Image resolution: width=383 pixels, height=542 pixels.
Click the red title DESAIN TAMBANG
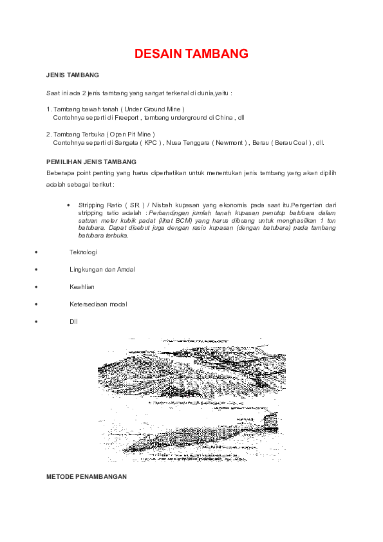(191, 55)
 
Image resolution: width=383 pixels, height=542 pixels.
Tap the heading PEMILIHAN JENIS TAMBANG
(91, 161)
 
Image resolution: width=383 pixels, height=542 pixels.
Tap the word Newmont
(227, 143)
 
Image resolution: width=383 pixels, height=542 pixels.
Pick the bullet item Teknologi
(83, 252)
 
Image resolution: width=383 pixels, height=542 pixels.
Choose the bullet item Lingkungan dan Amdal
(98, 269)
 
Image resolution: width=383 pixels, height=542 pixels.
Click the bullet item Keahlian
(82, 286)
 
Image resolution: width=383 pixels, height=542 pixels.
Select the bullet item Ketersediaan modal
(98, 304)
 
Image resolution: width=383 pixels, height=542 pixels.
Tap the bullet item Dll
(73, 321)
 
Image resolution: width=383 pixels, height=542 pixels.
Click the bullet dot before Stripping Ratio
(68, 205)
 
